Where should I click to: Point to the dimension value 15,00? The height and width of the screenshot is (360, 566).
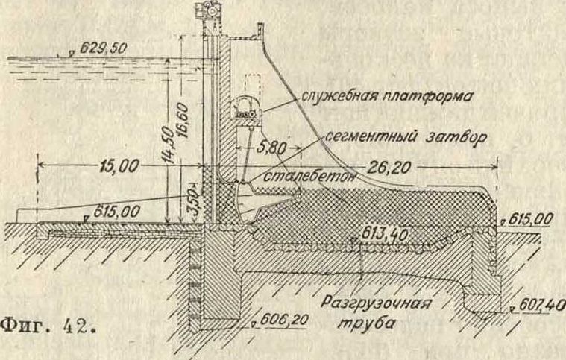coord(116,166)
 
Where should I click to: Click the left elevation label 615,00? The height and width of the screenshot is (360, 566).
coord(115,212)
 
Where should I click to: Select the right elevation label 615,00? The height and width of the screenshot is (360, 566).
coord(532,219)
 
